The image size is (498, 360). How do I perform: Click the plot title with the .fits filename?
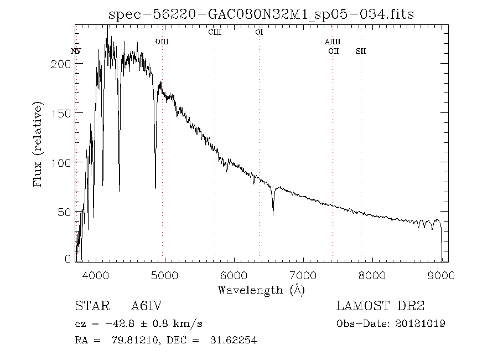pos(261,14)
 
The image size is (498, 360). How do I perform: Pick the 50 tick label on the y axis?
pos(65,212)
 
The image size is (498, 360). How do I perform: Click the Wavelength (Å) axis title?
pos(261,290)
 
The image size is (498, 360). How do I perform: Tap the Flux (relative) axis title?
pos(38,144)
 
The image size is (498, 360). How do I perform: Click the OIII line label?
pos(162,42)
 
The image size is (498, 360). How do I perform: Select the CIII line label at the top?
pos(215,32)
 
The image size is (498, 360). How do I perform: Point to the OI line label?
pos(259,32)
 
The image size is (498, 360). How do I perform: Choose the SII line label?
pos(361,51)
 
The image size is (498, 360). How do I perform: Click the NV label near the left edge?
pos(76,51)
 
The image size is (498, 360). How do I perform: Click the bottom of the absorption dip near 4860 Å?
pos(155,188)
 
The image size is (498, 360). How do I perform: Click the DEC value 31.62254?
pos(233,341)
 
